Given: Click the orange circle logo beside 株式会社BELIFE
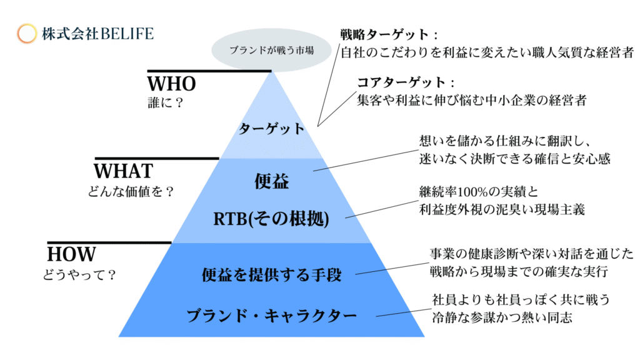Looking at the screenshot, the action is [x=26, y=34].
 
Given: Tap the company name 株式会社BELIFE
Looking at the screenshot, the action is [x=97, y=34].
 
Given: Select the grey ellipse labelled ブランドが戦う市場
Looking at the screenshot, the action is [x=271, y=50].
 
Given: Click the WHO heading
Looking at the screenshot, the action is [x=171, y=84].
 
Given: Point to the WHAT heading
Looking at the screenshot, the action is [x=123, y=171].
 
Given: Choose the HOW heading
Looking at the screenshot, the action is [x=71, y=254].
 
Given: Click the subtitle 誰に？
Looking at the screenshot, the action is [x=165, y=102].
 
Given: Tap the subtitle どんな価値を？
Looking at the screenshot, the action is [x=131, y=191].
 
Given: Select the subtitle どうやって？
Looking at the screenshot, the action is [x=79, y=275].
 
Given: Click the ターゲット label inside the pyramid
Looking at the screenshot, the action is [x=271, y=129].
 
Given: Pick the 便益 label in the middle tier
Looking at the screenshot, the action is [x=271, y=181].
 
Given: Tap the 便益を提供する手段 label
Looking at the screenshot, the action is [x=271, y=275].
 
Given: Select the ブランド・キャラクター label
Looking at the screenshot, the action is [x=271, y=316].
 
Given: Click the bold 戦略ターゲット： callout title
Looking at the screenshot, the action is [x=389, y=35].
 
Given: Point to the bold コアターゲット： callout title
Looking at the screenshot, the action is [x=406, y=82].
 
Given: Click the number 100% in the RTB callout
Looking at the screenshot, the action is [x=471, y=192].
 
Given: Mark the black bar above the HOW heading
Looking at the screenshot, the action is [x=109, y=243].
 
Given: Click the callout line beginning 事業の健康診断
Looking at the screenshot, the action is [x=531, y=254].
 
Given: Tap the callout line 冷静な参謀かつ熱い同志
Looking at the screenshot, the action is [x=502, y=317].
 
